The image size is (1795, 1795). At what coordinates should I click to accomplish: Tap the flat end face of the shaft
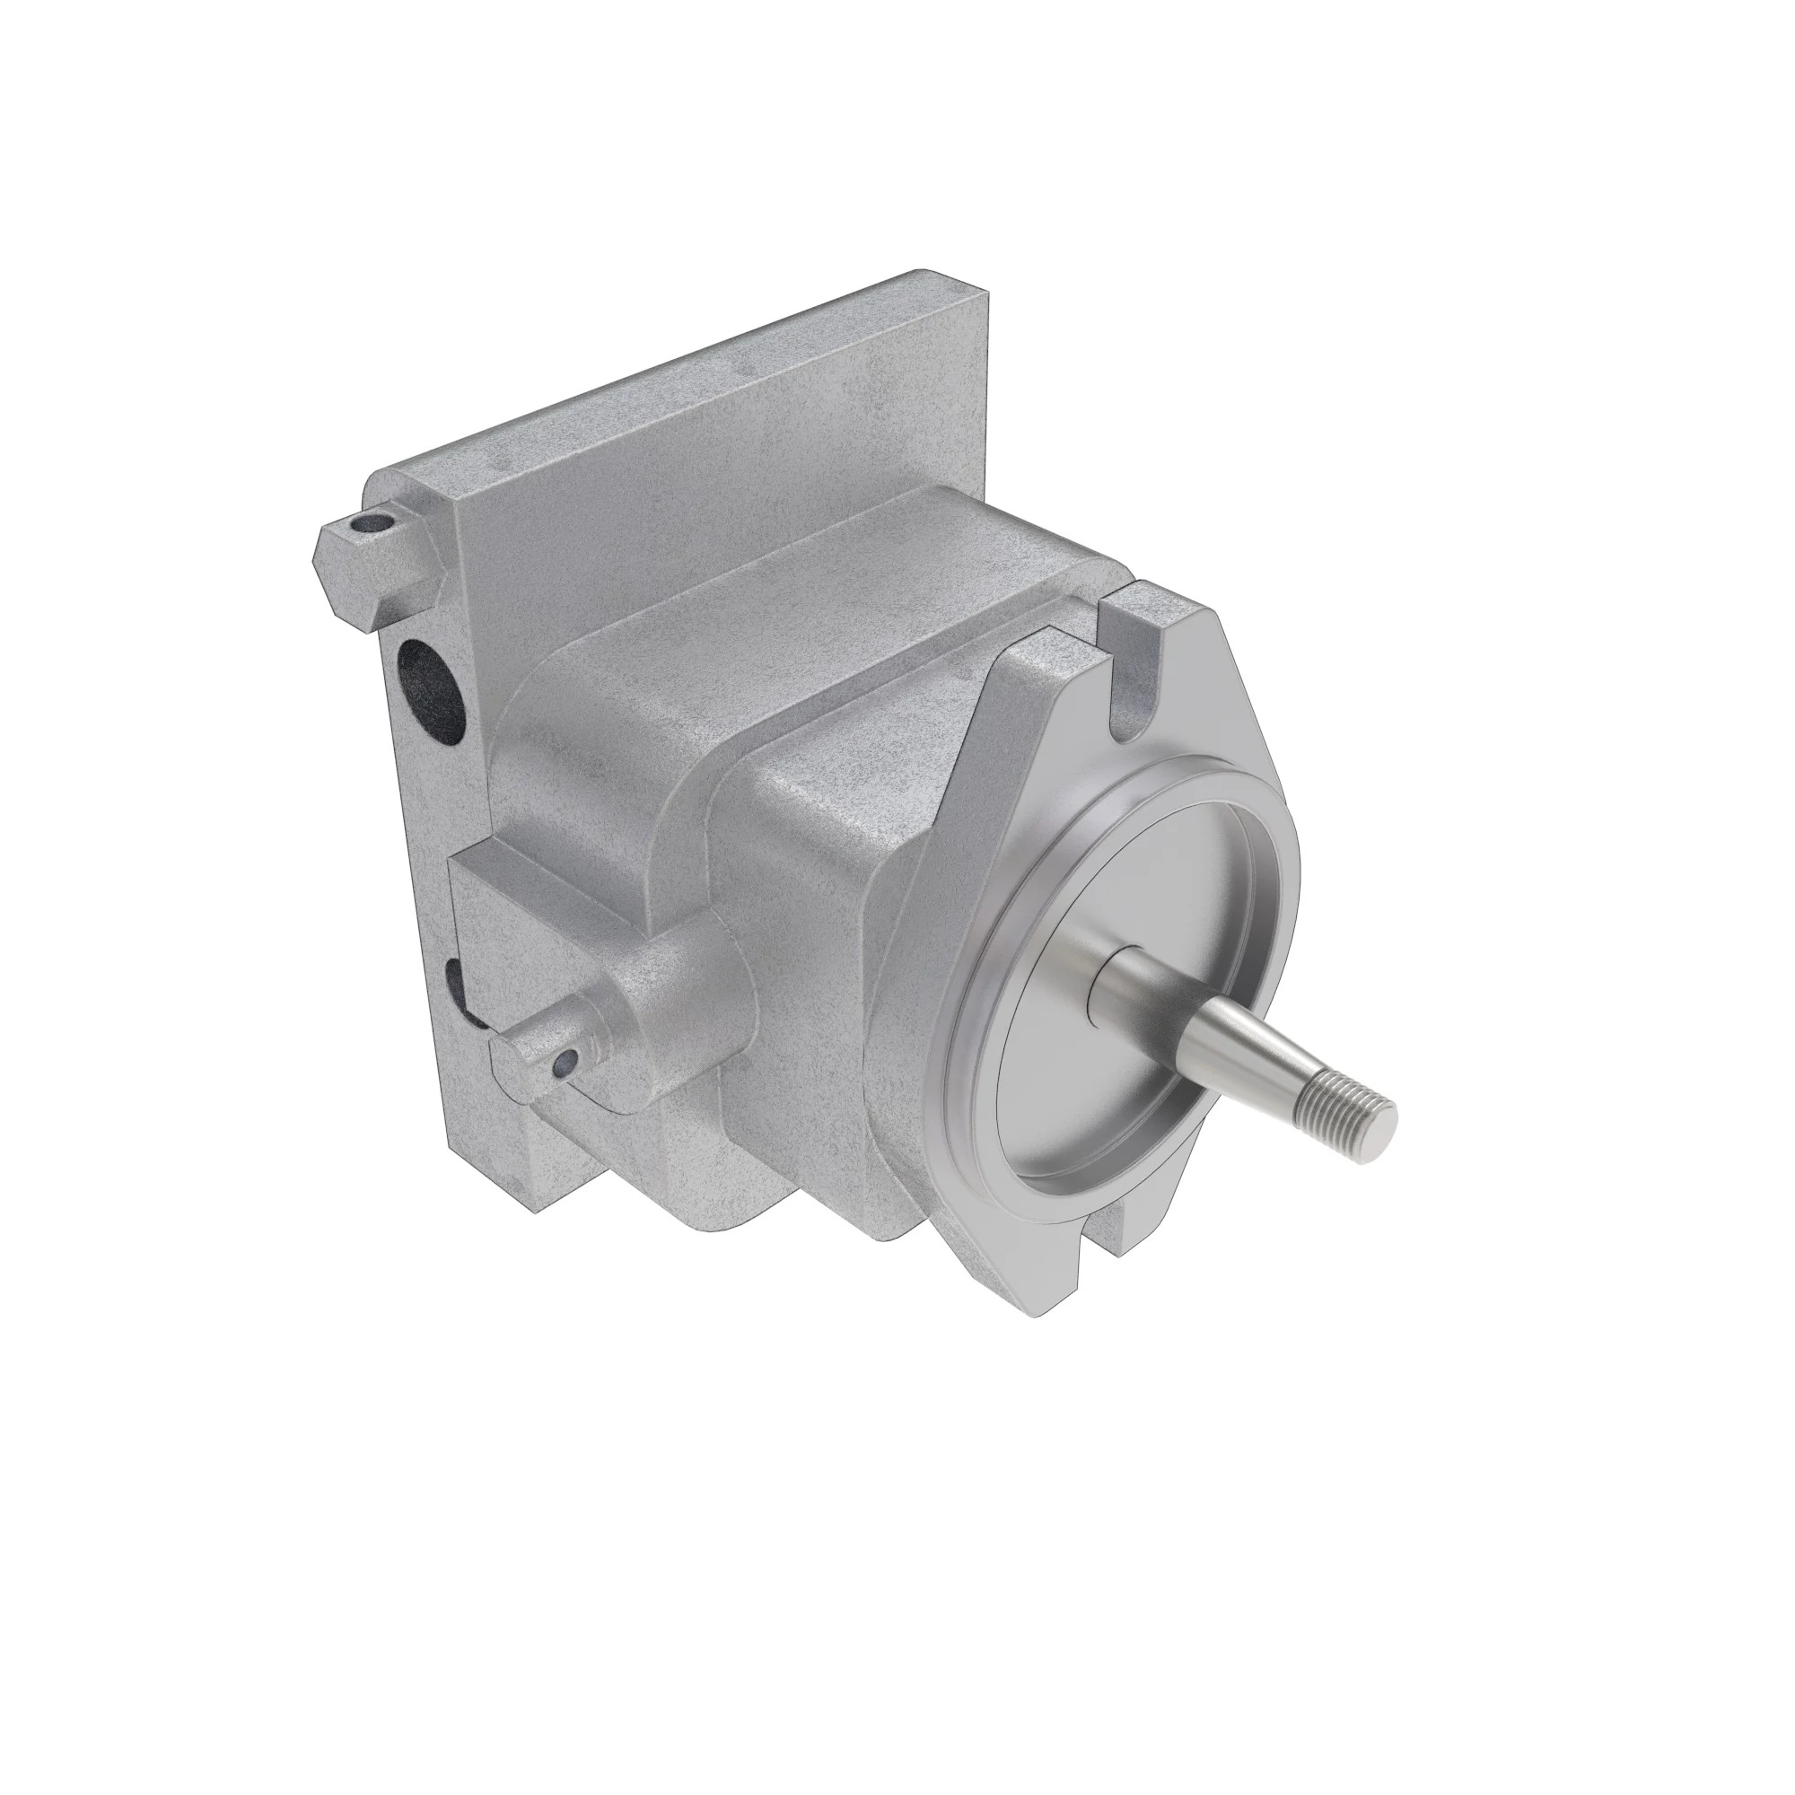[x=1380, y=1130]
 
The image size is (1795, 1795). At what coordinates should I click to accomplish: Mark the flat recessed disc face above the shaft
[x=1143, y=892]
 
